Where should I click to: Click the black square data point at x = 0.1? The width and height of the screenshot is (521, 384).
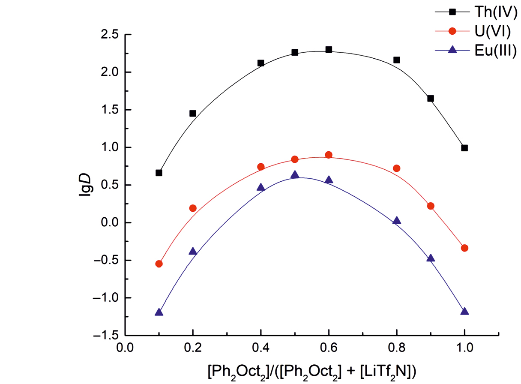(159, 173)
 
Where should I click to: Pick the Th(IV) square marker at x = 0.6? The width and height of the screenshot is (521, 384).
(329, 50)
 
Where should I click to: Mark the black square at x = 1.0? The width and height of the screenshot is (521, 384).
(464, 148)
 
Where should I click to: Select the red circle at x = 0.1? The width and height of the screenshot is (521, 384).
(159, 264)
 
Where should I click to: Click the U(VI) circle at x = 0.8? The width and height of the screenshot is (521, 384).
(397, 168)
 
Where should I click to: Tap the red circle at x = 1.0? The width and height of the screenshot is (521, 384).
(464, 248)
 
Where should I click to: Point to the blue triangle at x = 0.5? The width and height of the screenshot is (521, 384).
(295, 175)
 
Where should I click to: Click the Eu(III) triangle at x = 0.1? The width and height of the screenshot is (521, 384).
(159, 312)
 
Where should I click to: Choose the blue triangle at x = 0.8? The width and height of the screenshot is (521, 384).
(397, 221)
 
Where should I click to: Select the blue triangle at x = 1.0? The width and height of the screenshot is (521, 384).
(464, 312)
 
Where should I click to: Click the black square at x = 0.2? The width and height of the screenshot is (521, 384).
(193, 114)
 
